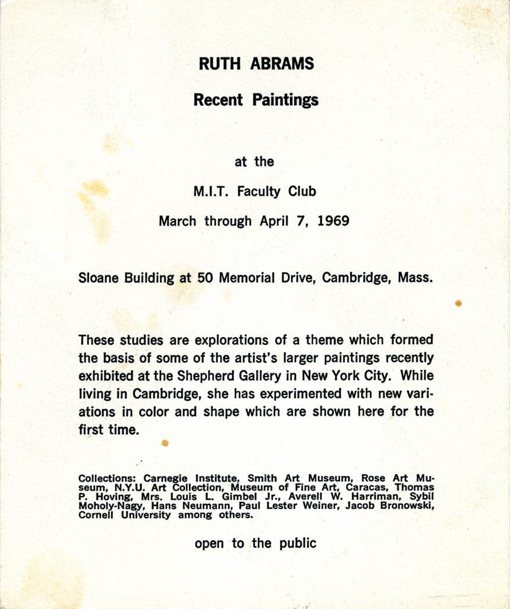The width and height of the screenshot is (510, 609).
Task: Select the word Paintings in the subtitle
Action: click(x=285, y=100)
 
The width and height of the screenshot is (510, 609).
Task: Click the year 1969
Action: click(x=333, y=222)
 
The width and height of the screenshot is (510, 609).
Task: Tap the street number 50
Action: click(x=205, y=278)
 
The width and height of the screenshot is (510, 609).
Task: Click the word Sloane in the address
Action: click(x=99, y=278)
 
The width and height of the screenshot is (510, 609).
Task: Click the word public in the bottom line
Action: click(x=298, y=543)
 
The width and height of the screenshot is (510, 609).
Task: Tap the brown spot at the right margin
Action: click(x=458, y=303)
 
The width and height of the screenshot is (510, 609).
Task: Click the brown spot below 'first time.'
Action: click(x=165, y=442)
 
